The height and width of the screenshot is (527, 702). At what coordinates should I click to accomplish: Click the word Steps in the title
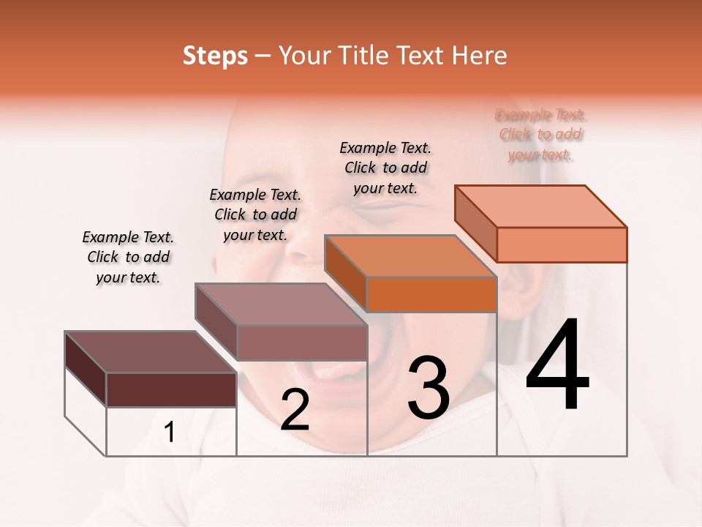(215, 56)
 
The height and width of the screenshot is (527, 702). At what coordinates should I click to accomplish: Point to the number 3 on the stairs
(428, 388)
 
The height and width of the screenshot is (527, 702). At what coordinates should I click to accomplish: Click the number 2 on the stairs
(295, 410)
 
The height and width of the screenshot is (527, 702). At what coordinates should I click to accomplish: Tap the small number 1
(170, 433)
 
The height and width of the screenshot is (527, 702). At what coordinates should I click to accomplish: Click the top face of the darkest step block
(150, 351)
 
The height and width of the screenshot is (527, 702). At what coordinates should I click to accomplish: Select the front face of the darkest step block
(171, 389)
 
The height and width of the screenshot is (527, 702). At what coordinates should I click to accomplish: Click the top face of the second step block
(280, 304)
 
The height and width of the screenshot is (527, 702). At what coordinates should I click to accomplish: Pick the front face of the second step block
(301, 343)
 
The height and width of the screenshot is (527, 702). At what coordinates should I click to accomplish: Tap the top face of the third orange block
(409, 256)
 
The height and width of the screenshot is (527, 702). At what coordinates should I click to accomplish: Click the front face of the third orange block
(431, 294)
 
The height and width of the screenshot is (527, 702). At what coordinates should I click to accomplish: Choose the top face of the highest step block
(540, 206)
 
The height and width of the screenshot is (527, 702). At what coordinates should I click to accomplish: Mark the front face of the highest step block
(562, 244)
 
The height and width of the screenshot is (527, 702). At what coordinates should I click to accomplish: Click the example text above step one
(128, 257)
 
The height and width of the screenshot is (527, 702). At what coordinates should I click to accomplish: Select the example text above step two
(255, 214)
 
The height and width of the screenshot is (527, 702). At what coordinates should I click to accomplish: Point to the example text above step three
(385, 168)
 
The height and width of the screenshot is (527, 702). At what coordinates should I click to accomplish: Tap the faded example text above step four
(540, 135)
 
